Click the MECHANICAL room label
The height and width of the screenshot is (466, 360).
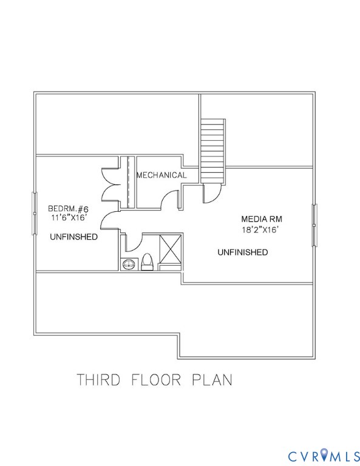pos(161,175)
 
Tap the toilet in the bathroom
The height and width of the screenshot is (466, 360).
pos(146,263)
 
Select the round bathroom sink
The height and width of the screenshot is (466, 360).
pos(129,264)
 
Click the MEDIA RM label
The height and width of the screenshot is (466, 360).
pos(262,219)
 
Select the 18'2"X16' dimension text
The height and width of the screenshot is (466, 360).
pos(262,230)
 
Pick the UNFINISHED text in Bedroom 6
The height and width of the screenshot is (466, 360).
pos(73,237)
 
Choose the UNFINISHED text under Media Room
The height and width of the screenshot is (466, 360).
pos(243,252)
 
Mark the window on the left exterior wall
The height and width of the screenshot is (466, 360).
pos(33,213)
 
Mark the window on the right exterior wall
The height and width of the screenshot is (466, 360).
pos(314,225)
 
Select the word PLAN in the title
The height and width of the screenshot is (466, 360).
pos(212,380)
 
